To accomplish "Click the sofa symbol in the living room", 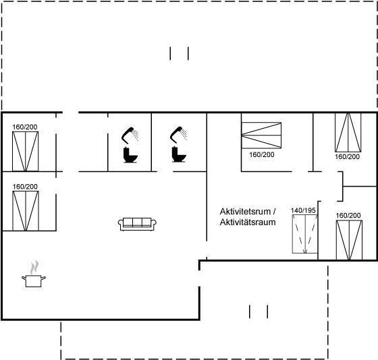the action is [137, 224].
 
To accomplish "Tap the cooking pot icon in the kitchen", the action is [34, 281].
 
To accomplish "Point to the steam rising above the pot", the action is [34, 267].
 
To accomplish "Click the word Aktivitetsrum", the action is [245, 212].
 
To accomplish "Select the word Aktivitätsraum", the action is [248, 222].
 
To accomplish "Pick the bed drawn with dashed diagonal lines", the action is [304, 234].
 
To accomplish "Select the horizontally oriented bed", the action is [261, 135].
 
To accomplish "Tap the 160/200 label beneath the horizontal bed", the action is [262, 154].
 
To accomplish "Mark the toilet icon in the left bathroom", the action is [130, 155].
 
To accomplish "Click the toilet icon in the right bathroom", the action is [179, 154].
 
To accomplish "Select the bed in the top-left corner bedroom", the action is [26, 152].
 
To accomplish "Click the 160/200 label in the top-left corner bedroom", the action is [25, 127].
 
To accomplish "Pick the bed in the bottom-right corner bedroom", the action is [349, 240].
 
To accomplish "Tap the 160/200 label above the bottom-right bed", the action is [348, 216].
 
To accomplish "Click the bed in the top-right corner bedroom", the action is [348, 132].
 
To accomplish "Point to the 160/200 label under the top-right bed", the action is [347, 157].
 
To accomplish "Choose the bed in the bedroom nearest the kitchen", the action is [26, 211].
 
